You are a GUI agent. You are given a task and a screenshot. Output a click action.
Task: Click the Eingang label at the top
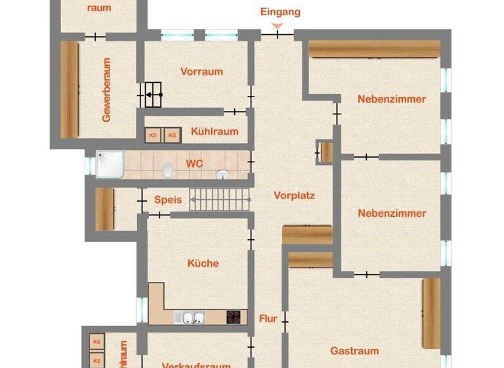280,12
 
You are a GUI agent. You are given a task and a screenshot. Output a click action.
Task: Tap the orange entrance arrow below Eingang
278,26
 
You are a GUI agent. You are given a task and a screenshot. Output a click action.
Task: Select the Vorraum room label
201,72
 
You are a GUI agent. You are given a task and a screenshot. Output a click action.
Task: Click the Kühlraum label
214,131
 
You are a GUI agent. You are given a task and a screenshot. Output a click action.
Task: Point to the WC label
194,162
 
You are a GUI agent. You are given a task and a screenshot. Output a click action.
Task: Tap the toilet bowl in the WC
169,171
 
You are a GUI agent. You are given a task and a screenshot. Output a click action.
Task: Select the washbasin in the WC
222,174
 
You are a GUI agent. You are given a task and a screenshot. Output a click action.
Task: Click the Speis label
167,200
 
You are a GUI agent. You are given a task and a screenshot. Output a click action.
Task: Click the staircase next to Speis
220,199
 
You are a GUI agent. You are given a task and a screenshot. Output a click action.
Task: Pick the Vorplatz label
295,195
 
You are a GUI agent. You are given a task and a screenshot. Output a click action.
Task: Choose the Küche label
203,263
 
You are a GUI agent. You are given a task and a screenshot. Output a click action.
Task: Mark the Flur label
268,319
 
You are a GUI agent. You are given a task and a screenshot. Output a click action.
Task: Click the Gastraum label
354,351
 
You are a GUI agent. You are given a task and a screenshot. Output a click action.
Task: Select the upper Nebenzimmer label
392,99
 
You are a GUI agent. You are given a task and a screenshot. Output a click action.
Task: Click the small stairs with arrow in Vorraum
152,95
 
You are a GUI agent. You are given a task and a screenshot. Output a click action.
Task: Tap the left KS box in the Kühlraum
154,135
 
